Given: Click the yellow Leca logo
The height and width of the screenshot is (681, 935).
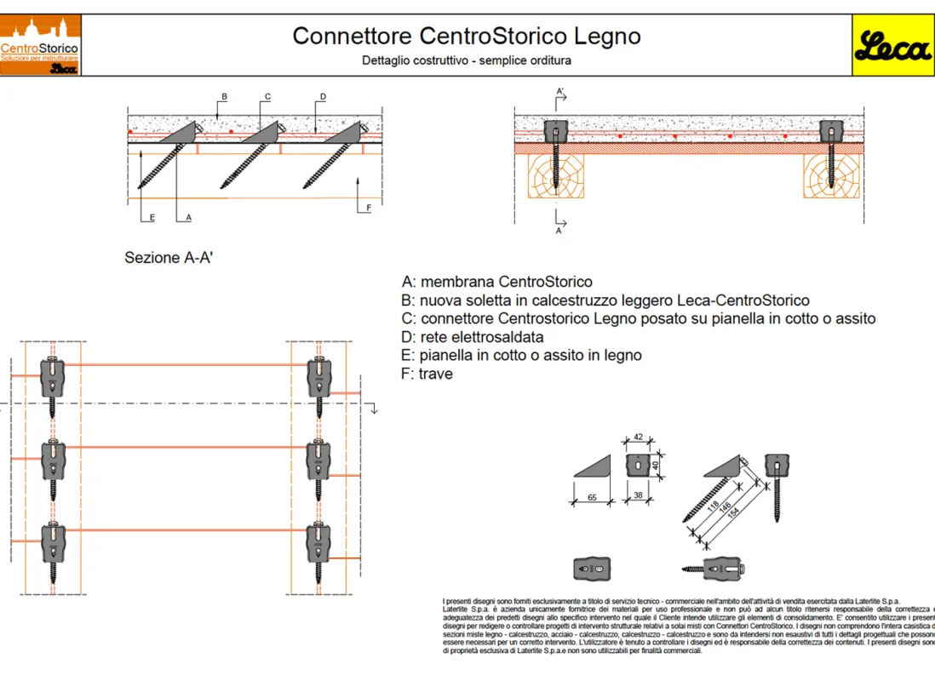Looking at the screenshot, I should point(892,46).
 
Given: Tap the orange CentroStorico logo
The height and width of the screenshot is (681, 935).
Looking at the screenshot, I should point(41,46).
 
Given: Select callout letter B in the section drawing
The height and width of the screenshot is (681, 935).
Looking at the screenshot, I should point(224,97).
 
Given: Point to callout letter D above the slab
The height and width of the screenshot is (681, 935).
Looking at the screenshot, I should point(323,97).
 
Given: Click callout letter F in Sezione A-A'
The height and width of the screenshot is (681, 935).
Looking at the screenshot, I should point(368,207).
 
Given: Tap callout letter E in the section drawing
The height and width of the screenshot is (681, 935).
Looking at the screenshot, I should point(152,218).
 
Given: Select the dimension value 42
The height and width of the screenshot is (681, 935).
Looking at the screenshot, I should point(639,438).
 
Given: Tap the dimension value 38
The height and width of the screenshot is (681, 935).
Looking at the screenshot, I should point(639,495).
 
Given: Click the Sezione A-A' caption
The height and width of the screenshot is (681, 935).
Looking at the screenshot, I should point(168,257).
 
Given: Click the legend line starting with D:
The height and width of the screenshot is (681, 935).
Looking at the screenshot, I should point(473,337).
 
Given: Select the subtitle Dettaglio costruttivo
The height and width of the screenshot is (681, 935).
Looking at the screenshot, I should point(466,60).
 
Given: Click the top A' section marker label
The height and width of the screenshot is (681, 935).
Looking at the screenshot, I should point(559,90).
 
